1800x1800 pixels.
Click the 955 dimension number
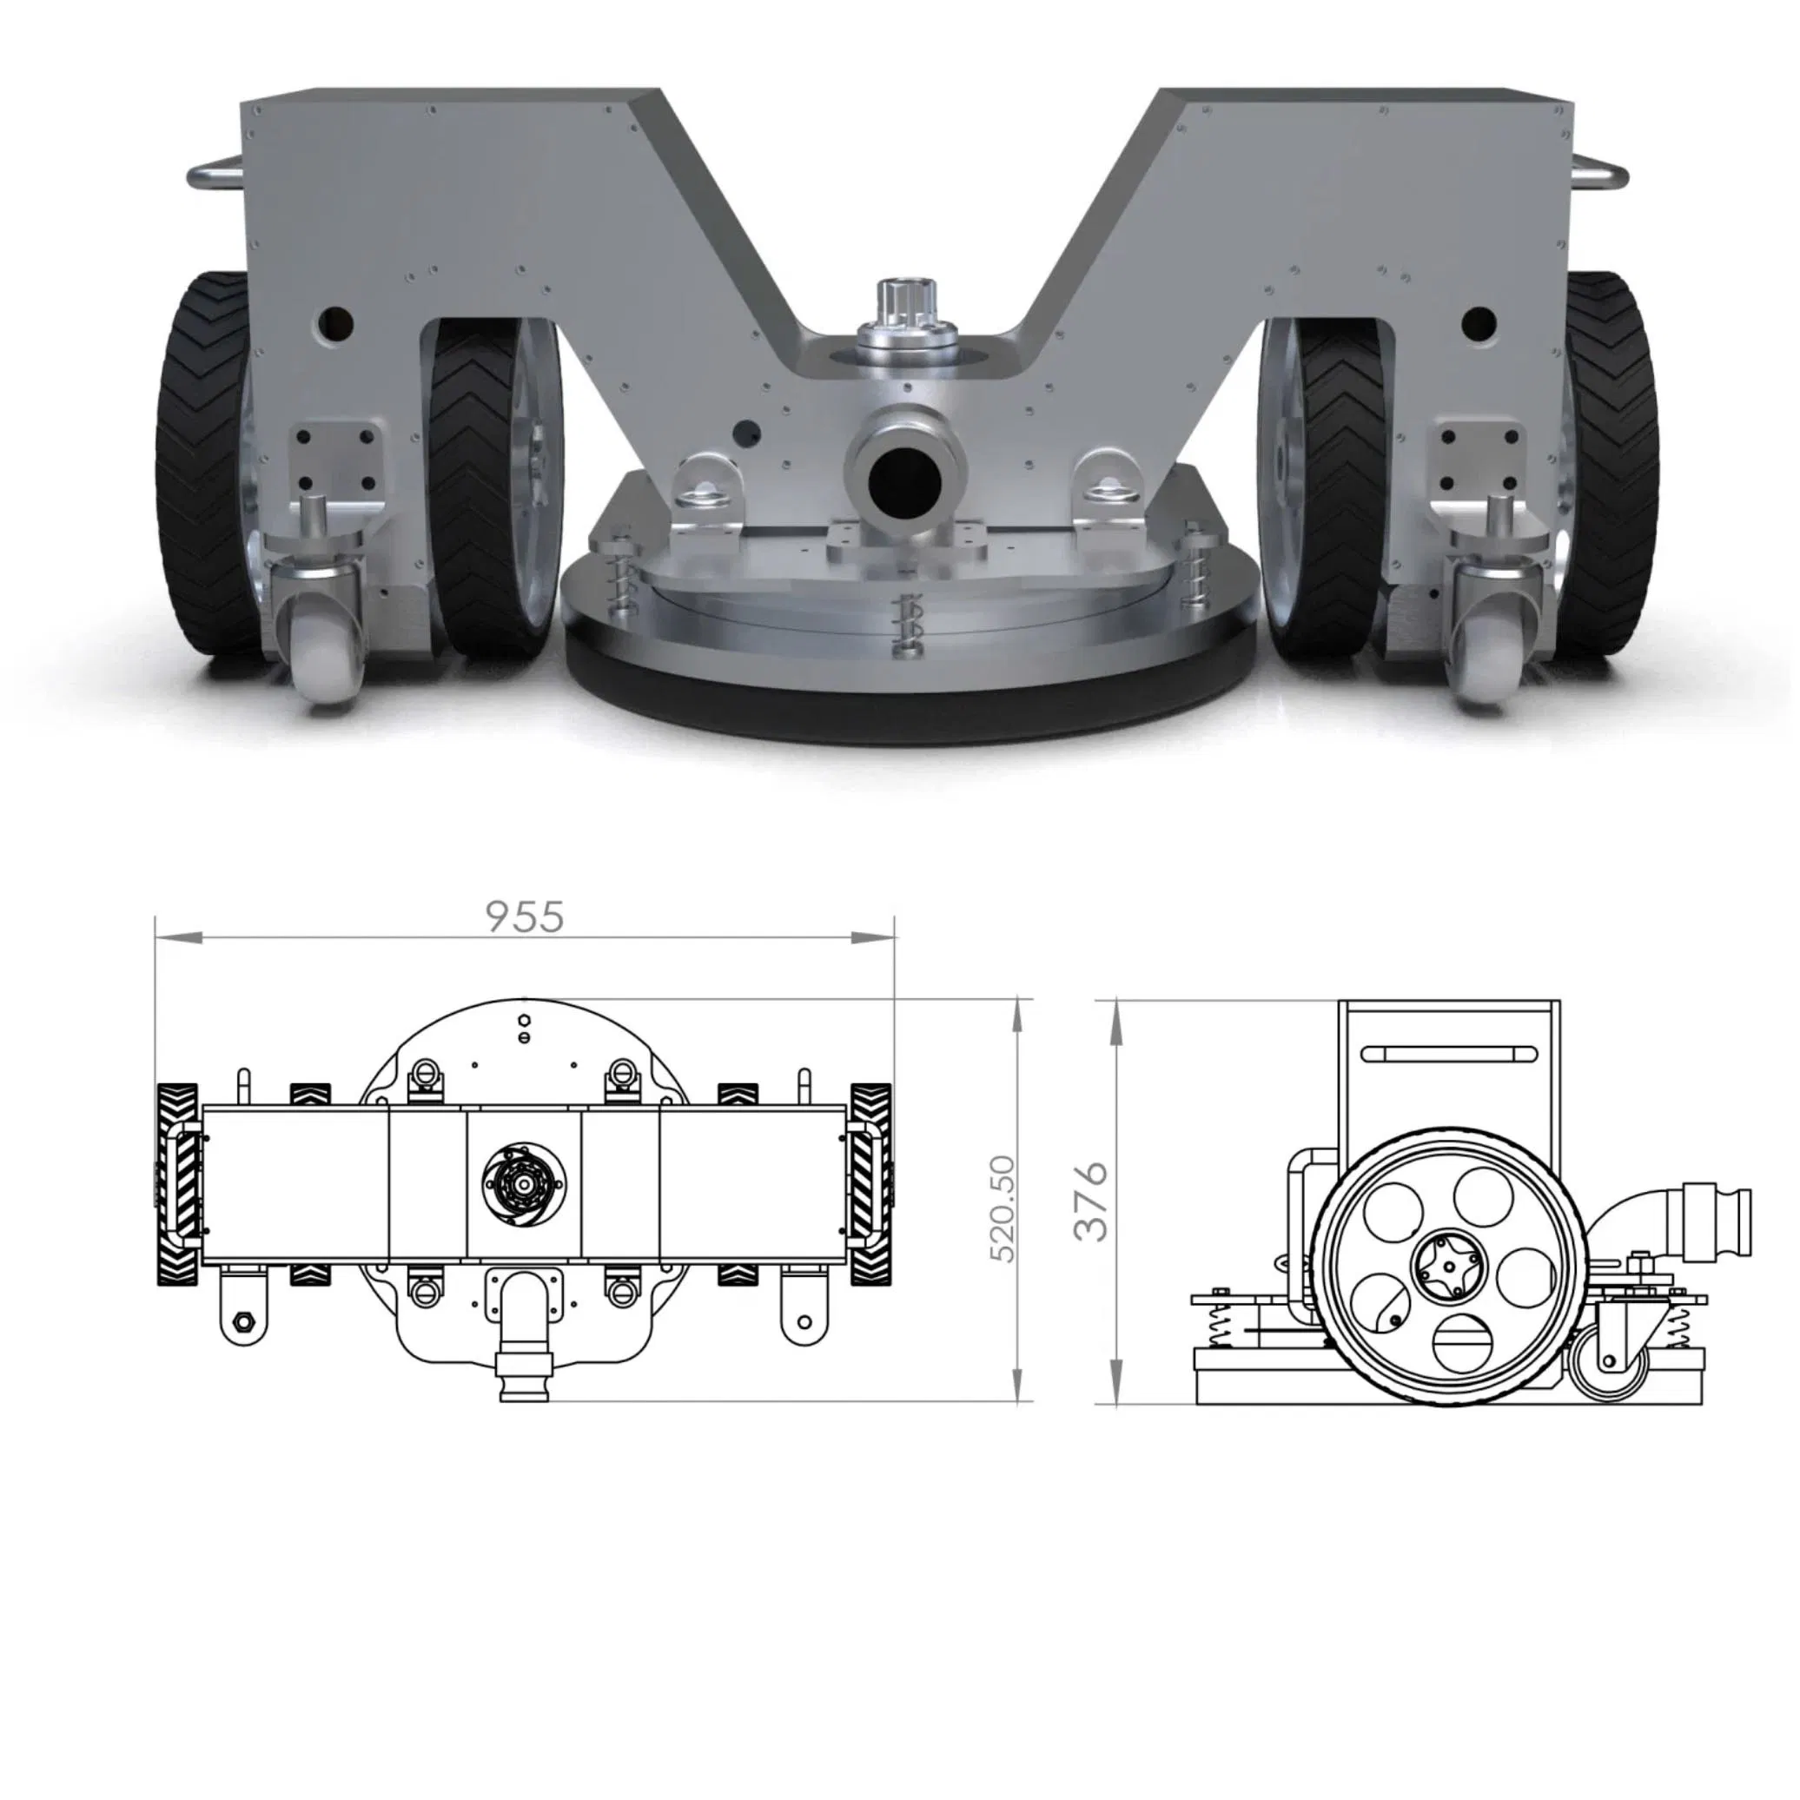(x=526, y=917)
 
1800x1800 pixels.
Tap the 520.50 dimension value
(x=1003, y=1208)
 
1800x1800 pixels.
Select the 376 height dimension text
(x=1091, y=1201)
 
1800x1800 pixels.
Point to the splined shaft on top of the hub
(x=900, y=300)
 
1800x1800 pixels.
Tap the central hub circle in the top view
(x=525, y=1184)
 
